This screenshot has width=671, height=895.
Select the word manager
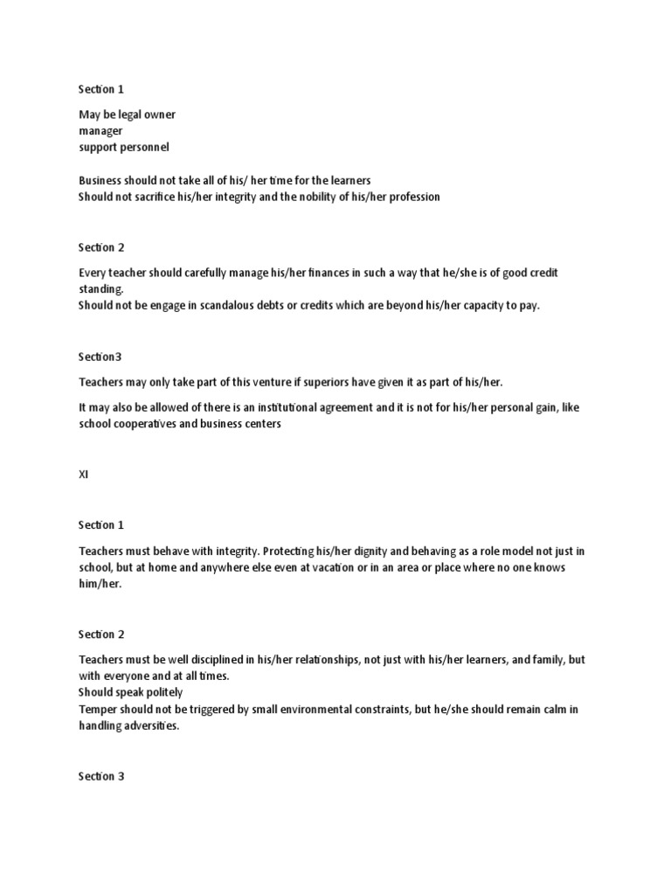pyautogui.click(x=100, y=131)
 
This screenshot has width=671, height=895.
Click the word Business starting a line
pyautogui.click(x=100, y=180)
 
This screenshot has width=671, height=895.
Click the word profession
pyautogui.click(x=413, y=197)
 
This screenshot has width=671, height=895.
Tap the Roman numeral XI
pyautogui.click(x=83, y=475)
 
